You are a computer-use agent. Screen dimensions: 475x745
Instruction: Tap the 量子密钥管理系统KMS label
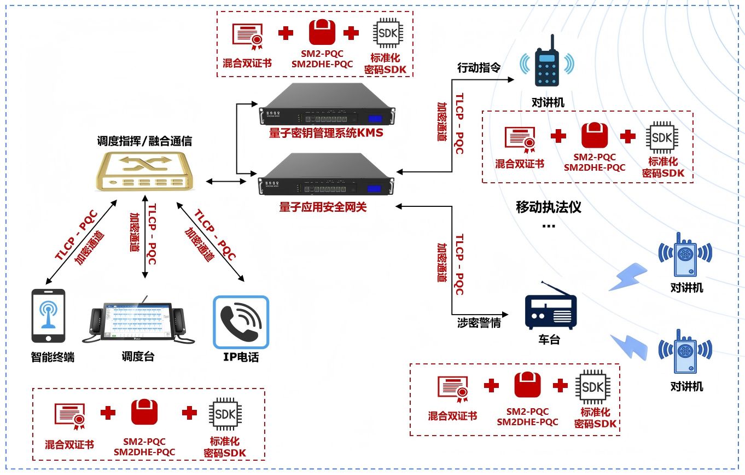(326, 133)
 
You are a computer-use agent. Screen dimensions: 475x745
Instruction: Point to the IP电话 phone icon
(241, 322)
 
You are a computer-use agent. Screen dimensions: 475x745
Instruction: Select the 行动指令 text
(479, 68)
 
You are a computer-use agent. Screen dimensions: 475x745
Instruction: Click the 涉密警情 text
(479, 323)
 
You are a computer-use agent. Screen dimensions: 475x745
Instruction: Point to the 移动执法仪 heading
(549, 208)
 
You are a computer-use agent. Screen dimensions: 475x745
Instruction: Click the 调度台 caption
(138, 357)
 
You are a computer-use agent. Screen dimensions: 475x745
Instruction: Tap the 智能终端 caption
(53, 358)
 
